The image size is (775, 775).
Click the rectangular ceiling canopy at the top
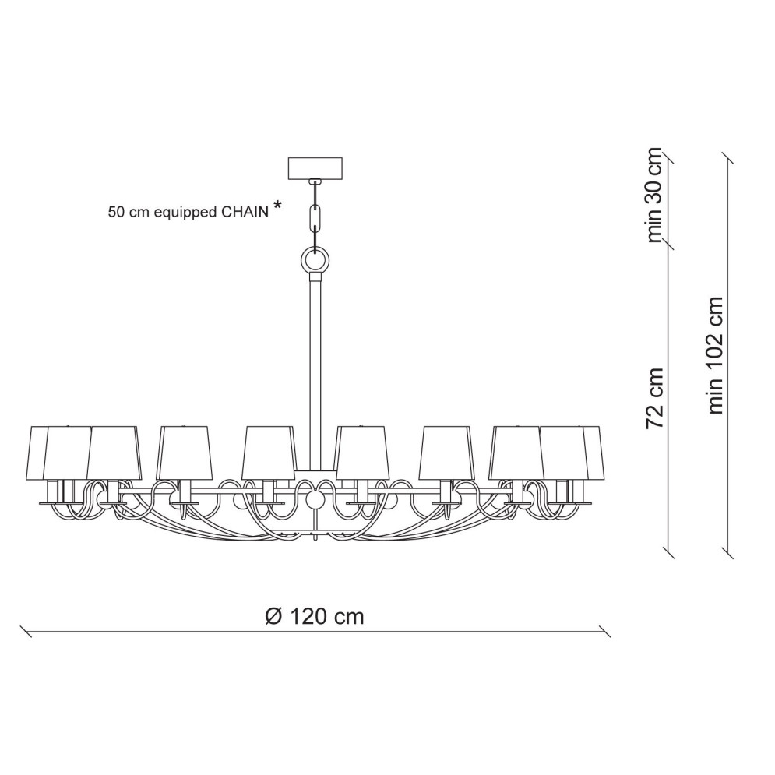point(315,168)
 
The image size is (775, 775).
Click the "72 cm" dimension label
point(654,398)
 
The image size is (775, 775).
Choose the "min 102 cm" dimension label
point(716,355)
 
